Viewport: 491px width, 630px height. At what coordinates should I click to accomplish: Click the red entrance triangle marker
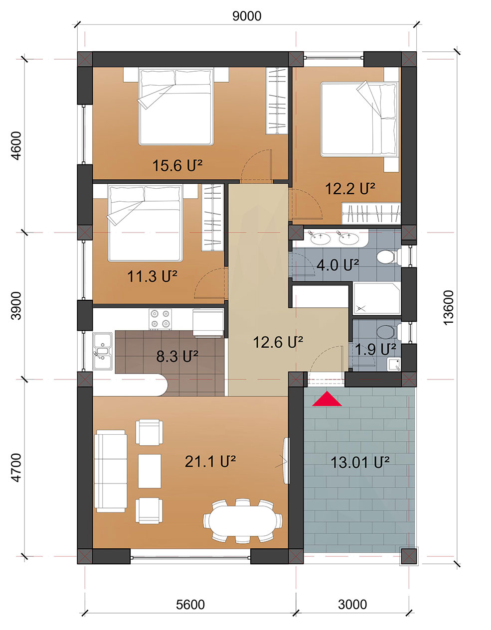327,399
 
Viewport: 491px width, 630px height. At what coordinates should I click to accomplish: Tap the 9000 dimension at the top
247,16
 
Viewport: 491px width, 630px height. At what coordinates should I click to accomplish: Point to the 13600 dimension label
449,308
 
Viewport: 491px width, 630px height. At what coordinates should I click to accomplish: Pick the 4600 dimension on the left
16,145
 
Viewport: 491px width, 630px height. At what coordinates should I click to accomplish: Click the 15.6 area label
177,166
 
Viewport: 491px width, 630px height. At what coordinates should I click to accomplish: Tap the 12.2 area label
350,189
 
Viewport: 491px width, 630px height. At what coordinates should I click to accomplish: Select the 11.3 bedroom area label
153,276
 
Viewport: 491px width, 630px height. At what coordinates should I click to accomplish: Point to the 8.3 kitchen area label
177,356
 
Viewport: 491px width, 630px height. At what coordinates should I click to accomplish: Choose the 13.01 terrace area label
360,463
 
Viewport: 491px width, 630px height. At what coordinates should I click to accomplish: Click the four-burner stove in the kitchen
160,319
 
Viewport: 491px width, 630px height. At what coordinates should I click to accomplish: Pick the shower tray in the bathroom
377,299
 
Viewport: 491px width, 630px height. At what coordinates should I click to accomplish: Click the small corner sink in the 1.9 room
394,365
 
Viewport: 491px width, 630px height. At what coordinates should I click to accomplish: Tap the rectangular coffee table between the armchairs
150,471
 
